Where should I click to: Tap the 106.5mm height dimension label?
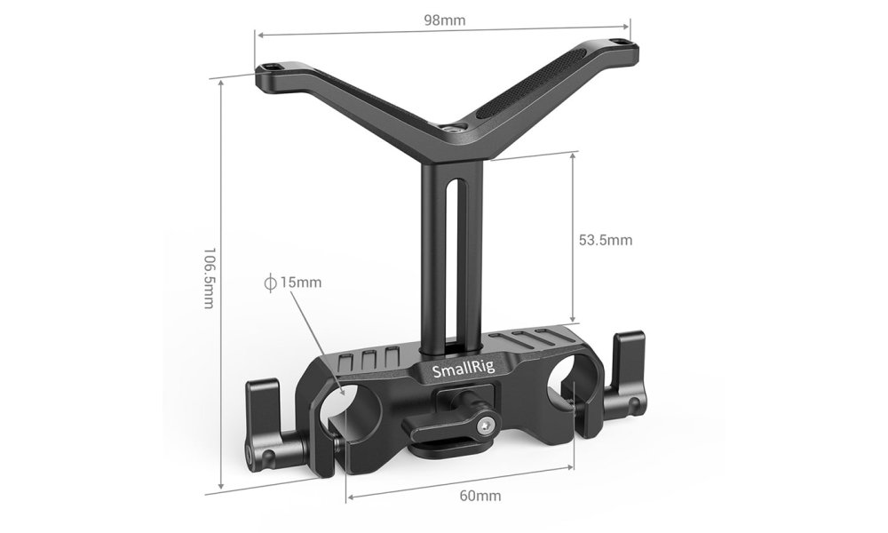point(210,277)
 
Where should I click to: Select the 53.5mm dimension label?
point(605,240)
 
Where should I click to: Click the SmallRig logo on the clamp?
point(457,370)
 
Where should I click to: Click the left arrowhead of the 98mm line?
point(258,35)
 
